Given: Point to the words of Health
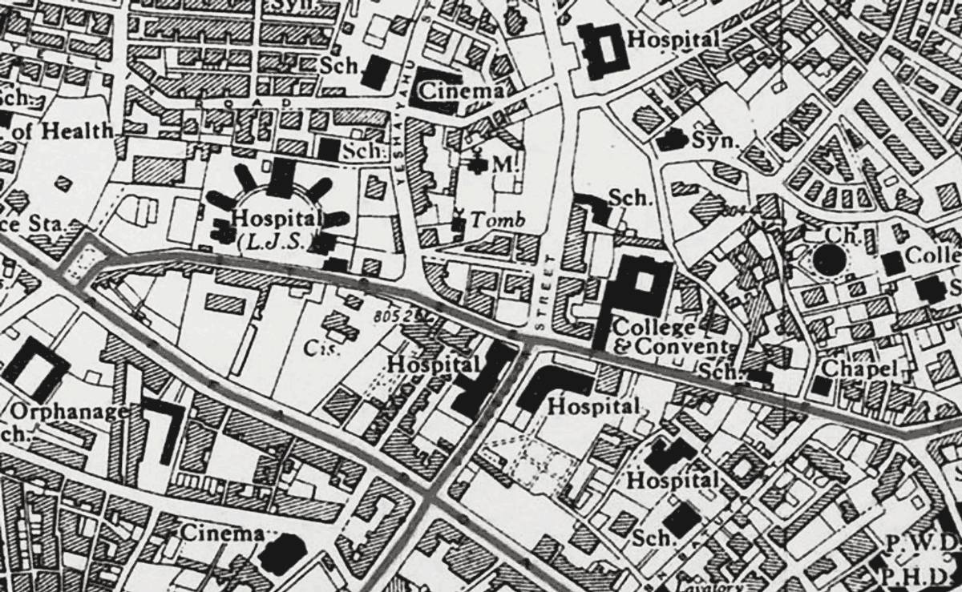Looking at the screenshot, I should (x=64, y=130).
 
